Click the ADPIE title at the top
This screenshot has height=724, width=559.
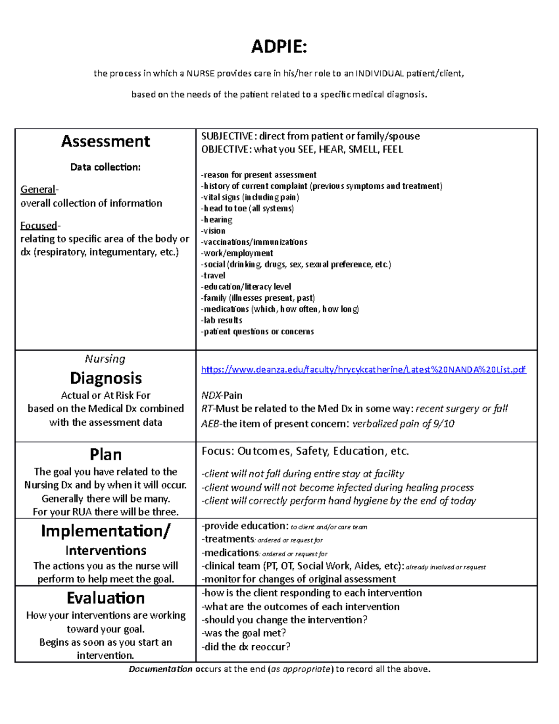tap(279, 47)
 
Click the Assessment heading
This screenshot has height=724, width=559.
tap(105, 141)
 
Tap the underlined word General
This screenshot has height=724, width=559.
tap(38, 190)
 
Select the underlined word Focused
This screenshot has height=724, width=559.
tap(39, 226)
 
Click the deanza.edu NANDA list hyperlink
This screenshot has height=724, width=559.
tap(363, 370)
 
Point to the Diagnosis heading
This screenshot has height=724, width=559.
tap(106, 378)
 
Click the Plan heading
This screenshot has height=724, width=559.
tap(106, 455)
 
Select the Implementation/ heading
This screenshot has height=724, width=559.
tap(106, 531)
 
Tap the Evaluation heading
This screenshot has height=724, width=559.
tap(106, 598)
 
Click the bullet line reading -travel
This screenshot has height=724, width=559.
tap(213, 276)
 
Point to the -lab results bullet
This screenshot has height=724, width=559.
tap(222, 320)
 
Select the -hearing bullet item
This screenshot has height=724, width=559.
tap(217, 220)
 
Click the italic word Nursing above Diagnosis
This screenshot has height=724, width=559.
tap(105, 359)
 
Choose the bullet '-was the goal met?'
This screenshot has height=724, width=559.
tap(244, 633)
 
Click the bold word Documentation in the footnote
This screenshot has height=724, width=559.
tap(160, 669)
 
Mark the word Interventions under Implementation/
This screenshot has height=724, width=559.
tap(106, 551)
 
